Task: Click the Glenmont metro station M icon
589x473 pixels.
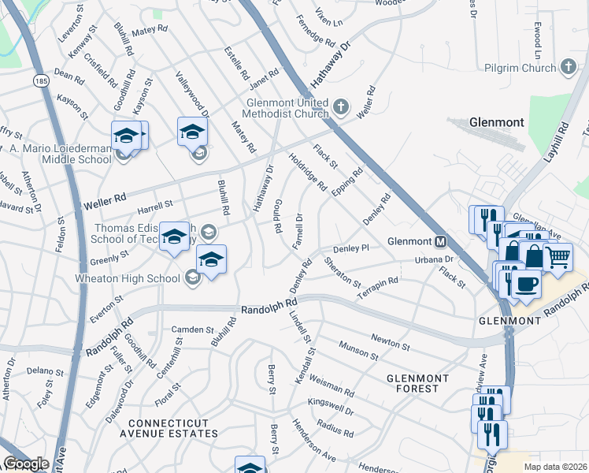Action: pyautogui.click(x=441, y=241)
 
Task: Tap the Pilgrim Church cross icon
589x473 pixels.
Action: pyautogui.click(x=569, y=69)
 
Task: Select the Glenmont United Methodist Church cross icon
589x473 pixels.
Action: pyautogui.click(x=340, y=106)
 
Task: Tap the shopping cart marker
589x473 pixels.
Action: pyautogui.click(x=558, y=256)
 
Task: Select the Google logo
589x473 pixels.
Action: pyautogui.click(x=26, y=464)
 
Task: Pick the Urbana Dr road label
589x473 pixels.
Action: pyautogui.click(x=435, y=259)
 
